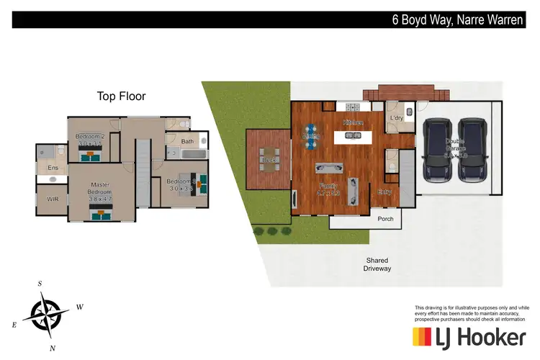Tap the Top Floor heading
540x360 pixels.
click(122, 96)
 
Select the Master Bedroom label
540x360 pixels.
click(100, 188)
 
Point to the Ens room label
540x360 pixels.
click(53, 168)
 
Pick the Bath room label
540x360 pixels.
click(187, 142)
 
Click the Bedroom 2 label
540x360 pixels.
click(91, 137)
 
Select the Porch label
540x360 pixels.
click(385, 218)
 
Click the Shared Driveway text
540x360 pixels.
click(377, 264)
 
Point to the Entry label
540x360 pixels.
click(386, 192)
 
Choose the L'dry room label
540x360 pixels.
click(396, 117)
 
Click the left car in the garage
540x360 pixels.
click(437, 150)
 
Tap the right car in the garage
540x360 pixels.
click(472, 150)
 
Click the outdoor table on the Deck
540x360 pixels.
click(270, 160)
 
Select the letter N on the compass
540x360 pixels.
click(52, 348)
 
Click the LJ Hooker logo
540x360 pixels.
click(469, 336)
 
